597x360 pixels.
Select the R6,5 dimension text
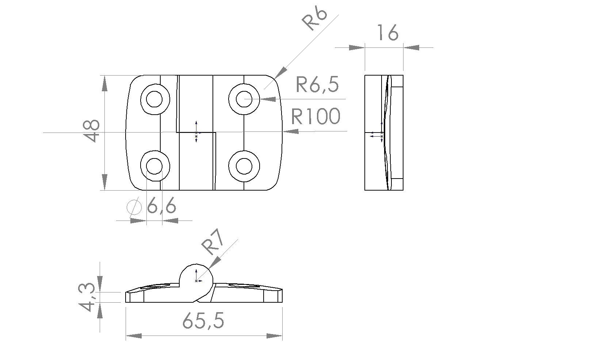pyautogui.click(x=317, y=84)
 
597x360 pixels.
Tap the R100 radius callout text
pyautogui.click(x=315, y=116)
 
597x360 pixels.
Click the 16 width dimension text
pyautogui.click(x=388, y=32)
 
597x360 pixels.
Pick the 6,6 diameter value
pyautogui.click(x=161, y=206)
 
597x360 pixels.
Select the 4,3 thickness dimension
pyautogui.click(x=87, y=297)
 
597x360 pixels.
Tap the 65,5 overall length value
pyautogui.click(x=203, y=320)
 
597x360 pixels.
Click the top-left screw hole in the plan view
pyautogui.click(x=154, y=99)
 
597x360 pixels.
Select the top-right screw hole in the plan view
pyautogui.click(x=244, y=99)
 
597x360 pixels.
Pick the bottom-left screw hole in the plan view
pyautogui.click(x=154, y=166)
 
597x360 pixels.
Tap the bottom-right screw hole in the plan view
pyautogui.click(x=244, y=166)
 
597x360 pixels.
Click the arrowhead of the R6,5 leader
pyautogui.click(x=268, y=99)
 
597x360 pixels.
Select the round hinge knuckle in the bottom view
pyautogui.click(x=197, y=277)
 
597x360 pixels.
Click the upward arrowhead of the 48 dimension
pyautogui.click(x=105, y=84)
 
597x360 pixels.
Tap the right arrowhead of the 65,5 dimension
pyautogui.click(x=275, y=336)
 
